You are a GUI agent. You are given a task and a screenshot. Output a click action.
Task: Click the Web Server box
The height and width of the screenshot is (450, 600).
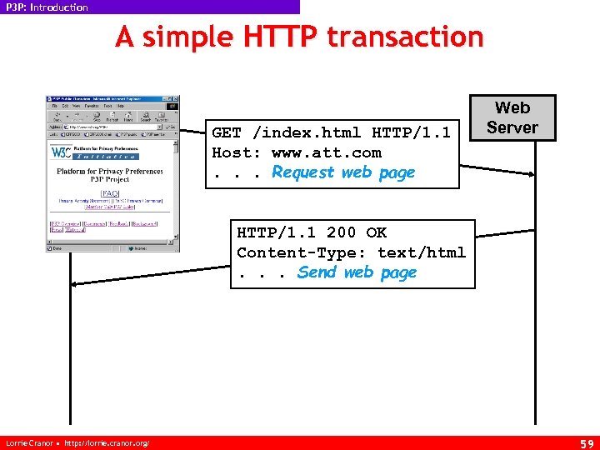[512, 117]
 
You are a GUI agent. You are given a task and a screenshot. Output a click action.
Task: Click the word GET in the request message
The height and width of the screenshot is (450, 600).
[227, 132]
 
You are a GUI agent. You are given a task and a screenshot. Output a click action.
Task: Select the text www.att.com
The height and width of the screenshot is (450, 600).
[326, 152]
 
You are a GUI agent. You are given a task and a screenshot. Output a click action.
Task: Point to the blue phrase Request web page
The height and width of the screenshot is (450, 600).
[343, 172]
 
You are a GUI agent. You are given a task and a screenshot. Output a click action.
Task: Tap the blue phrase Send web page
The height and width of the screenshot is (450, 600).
[357, 272]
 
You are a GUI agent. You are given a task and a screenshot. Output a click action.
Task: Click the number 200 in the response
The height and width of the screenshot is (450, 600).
[341, 232]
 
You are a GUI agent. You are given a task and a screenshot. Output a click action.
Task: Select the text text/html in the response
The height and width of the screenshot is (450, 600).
[422, 252]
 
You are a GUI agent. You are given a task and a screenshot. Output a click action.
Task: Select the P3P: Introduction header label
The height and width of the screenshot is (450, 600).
[47, 7]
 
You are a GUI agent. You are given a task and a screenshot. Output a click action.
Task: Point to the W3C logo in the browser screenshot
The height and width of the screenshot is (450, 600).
[61, 152]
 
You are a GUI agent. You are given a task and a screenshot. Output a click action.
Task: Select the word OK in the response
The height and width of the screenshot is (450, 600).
[377, 232]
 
